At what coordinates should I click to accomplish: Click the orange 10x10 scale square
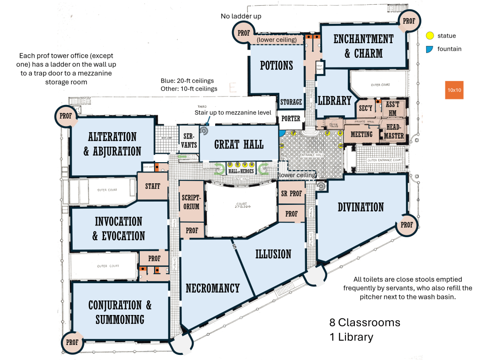[x=454, y=90]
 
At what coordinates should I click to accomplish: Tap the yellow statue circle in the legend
[x=429, y=36]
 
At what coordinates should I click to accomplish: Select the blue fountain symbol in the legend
[x=429, y=49]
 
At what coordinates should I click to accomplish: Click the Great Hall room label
[x=239, y=144]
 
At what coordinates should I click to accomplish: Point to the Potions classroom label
[x=277, y=65]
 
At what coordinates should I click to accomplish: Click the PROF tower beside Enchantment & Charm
[x=409, y=21]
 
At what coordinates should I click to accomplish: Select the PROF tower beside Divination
[x=406, y=225]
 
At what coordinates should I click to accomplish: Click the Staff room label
[x=152, y=186]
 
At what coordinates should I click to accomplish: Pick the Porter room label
[x=291, y=119]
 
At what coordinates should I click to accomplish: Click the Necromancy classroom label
[x=212, y=288]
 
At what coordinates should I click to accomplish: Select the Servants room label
[x=189, y=139]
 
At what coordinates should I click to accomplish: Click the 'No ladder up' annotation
[x=241, y=16]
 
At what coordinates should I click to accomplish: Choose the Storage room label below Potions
[x=291, y=102]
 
